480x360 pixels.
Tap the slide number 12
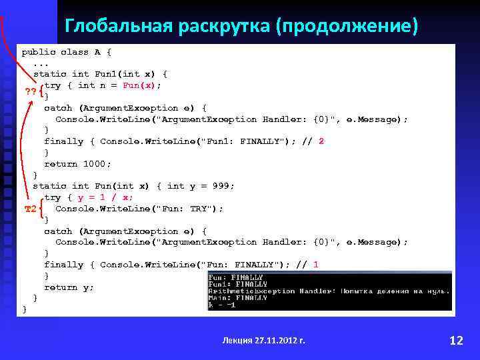[456, 341]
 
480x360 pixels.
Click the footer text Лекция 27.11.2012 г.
[263, 341]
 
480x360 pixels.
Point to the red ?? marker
[31, 91]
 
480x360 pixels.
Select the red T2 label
[30, 209]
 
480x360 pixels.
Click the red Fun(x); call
[142, 85]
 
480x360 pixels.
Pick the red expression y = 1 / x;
[106, 197]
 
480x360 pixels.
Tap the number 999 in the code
[223, 186]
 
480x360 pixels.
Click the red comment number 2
[321, 141]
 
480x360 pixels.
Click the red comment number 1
[315, 265]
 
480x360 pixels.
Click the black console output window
[329, 291]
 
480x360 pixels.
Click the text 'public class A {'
[67, 51]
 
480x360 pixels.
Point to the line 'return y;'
[69, 287]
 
